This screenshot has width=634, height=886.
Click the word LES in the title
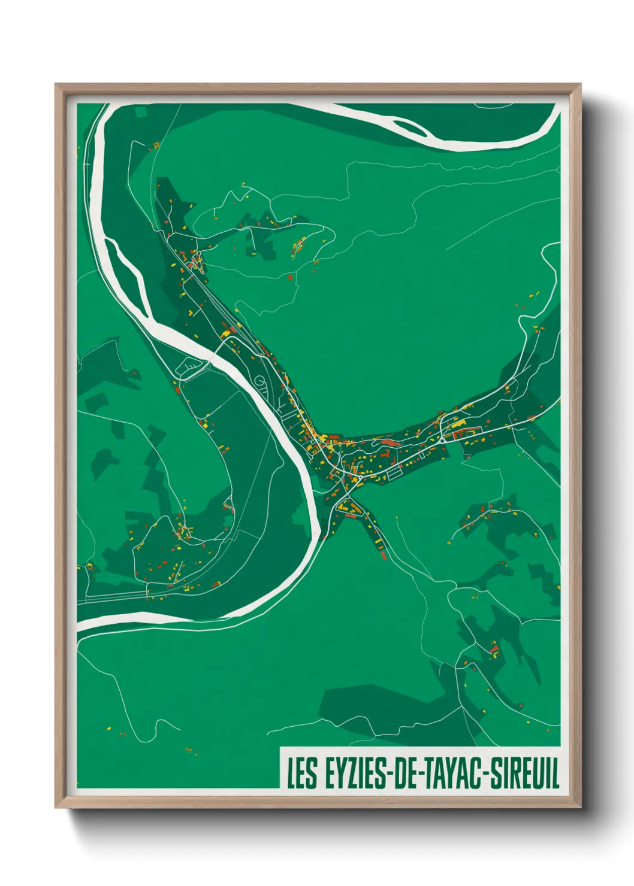[x=302, y=773]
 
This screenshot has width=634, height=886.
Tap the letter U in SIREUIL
[x=537, y=773]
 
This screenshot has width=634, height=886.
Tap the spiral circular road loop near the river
[x=259, y=381]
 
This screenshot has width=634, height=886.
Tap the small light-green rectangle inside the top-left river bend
[x=140, y=112]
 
